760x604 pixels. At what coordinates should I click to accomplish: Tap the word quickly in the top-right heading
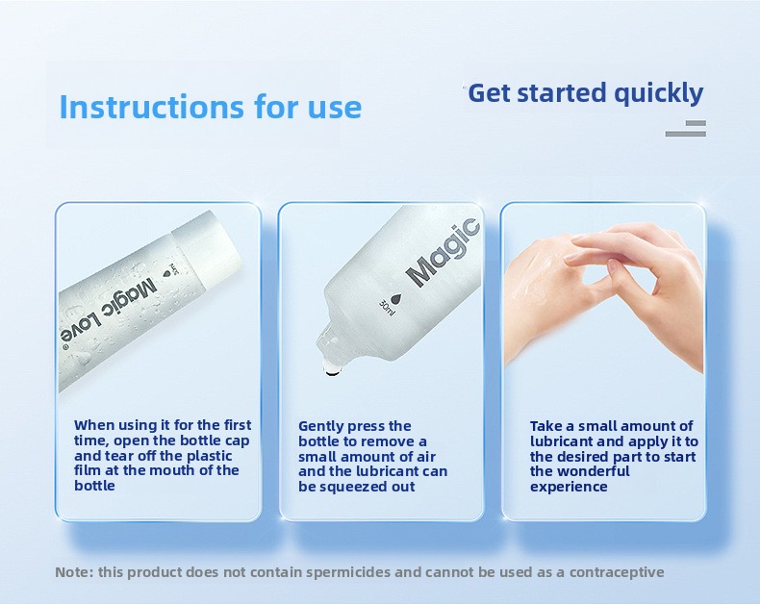click(x=658, y=93)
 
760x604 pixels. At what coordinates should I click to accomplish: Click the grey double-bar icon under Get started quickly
click(x=685, y=129)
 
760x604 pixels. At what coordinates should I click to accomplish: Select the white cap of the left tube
click(x=207, y=249)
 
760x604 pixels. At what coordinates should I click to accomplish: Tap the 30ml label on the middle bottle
click(x=387, y=308)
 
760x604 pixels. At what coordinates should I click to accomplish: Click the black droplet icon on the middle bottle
click(x=398, y=299)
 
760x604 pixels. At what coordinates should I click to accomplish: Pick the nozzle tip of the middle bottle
click(x=331, y=370)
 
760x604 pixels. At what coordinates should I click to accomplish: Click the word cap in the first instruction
click(x=237, y=441)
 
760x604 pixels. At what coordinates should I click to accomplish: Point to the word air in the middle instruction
click(x=426, y=457)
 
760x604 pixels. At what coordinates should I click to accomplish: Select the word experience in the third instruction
click(x=569, y=487)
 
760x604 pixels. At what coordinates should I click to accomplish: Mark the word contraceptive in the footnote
click(x=617, y=572)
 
